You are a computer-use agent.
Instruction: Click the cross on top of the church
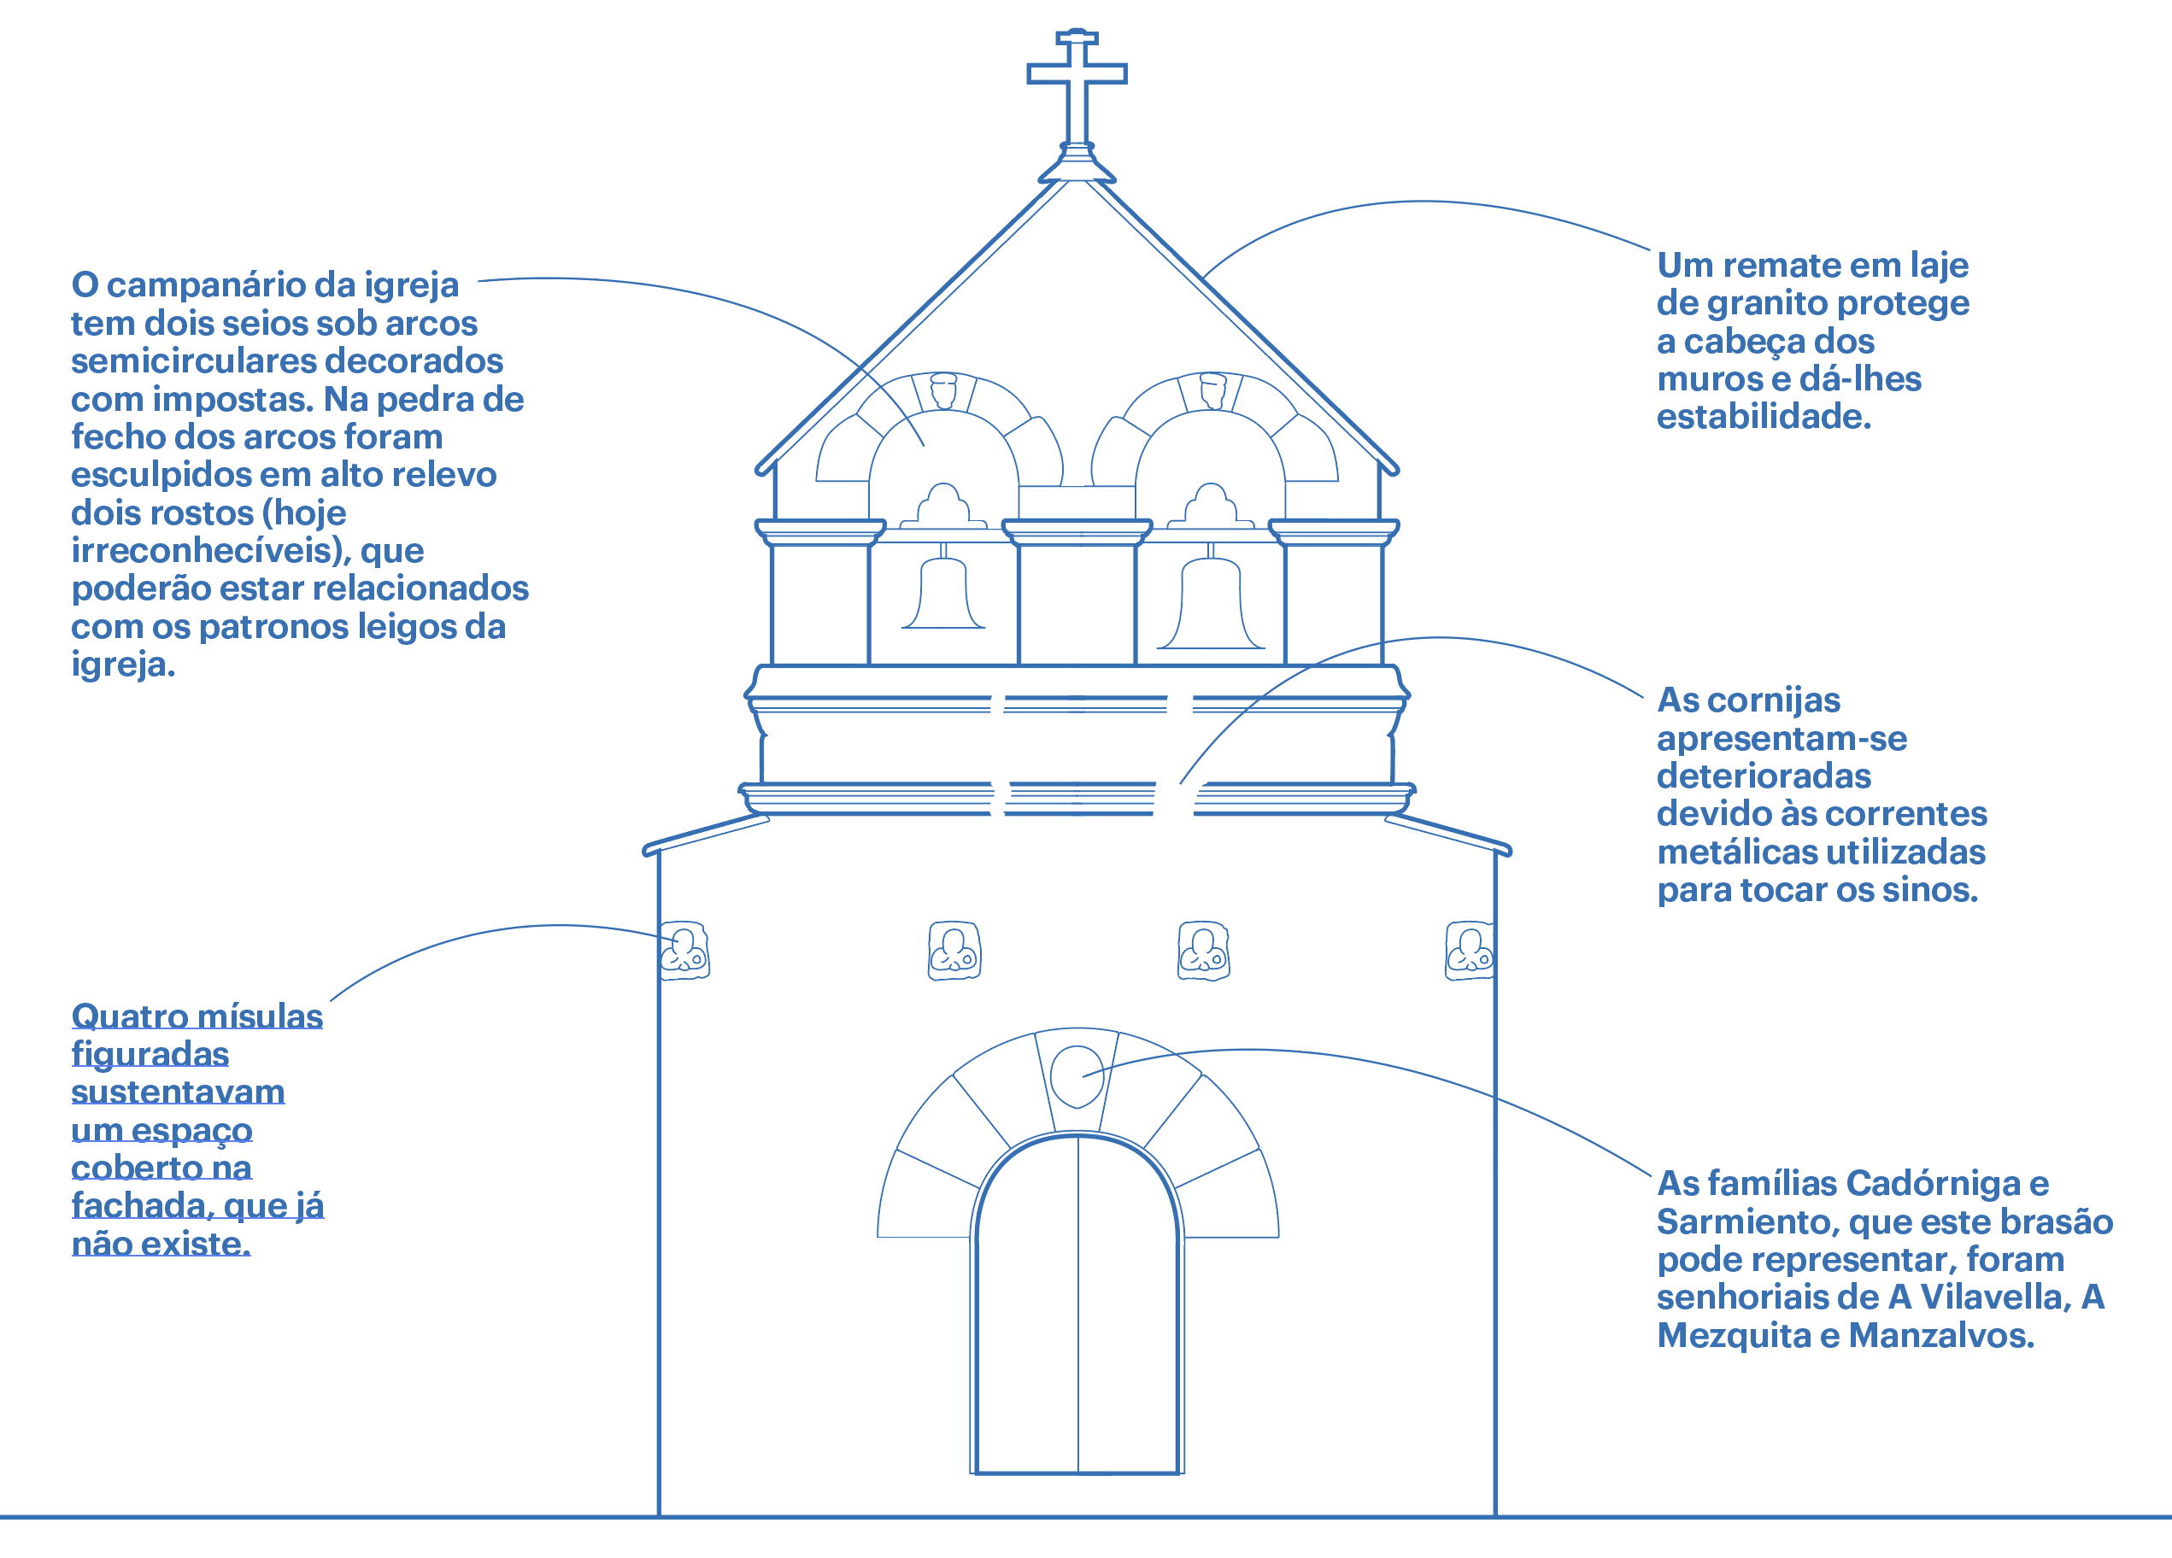tap(1077, 77)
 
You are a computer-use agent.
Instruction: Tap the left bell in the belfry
tap(943, 594)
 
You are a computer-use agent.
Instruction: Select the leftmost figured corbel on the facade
tap(684, 950)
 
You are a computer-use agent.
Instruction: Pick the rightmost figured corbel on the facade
tap(1469, 950)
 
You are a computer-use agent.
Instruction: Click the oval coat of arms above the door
tap(1077, 1075)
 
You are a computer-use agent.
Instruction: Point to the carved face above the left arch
tap(944, 389)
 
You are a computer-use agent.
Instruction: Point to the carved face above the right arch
tap(1212, 389)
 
